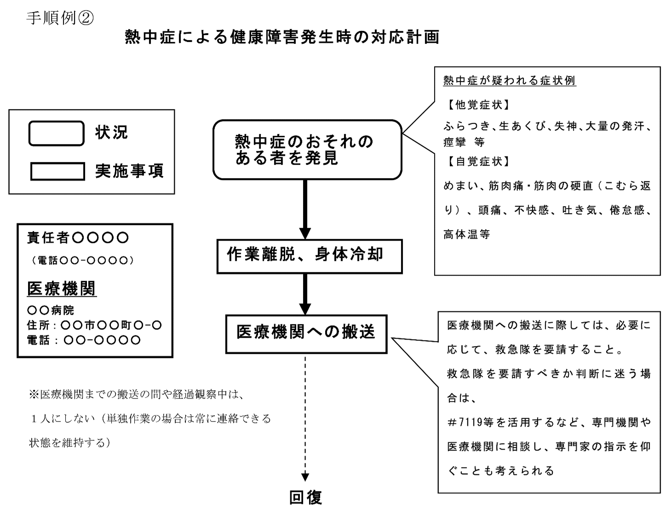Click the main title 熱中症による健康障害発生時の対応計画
(282, 37)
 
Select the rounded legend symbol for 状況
(57, 133)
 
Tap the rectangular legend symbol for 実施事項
(57, 171)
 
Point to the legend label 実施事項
(129, 171)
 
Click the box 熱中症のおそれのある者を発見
(307, 150)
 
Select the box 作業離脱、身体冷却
(309, 256)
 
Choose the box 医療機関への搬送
(306, 334)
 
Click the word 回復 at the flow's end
(306, 498)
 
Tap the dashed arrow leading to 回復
(305, 414)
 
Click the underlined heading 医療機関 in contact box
(62, 289)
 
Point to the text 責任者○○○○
(78, 238)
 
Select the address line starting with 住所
(94, 325)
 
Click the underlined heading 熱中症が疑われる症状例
(510, 81)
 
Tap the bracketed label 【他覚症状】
(478, 105)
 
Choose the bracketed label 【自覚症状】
(478, 162)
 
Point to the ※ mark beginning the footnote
(34, 394)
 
